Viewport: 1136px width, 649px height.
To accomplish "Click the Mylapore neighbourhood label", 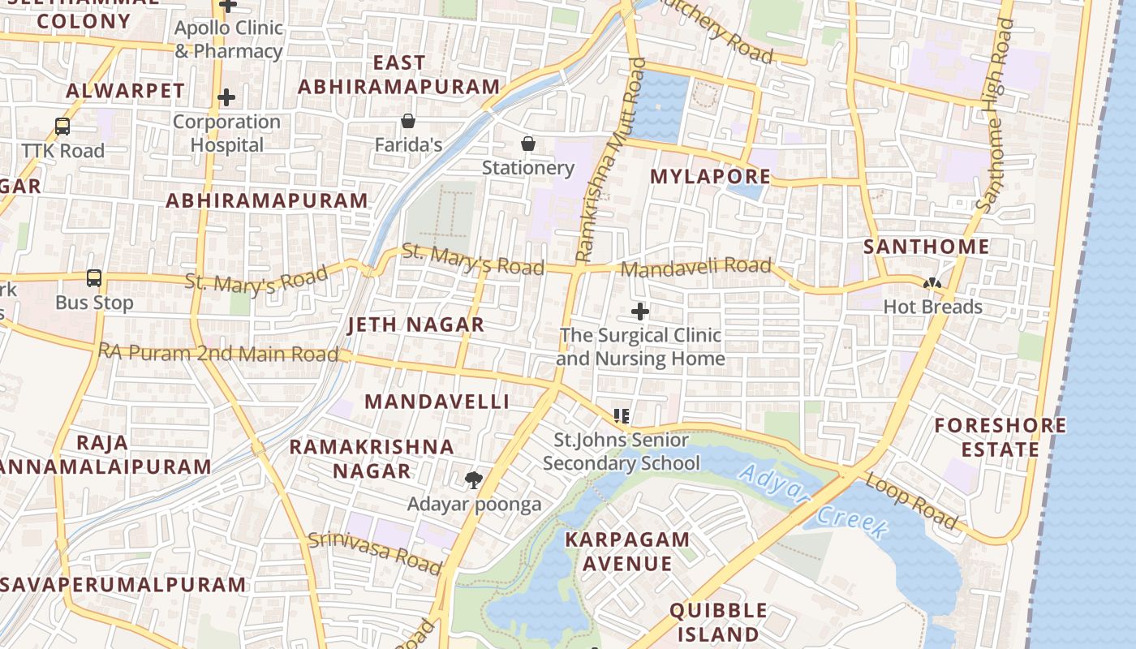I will click(x=710, y=176).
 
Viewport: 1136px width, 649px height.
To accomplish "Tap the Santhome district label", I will click(x=926, y=247).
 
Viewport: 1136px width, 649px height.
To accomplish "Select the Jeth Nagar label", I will click(x=415, y=324).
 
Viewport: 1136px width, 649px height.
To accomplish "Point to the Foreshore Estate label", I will click(x=1000, y=437).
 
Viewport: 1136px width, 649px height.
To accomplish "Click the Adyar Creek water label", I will click(x=814, y=500).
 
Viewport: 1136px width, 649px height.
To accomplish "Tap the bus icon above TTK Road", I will click(x=62, y=127).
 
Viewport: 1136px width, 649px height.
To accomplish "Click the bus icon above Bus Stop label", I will click(x=94, y=278).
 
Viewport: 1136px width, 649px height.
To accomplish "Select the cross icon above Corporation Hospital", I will click(x=226, y=97).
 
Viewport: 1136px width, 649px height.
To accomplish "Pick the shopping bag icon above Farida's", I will click(x=408, y=121).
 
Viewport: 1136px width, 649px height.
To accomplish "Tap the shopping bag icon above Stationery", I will click(x=528, y=144).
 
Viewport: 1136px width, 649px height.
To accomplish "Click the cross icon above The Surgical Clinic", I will click(x=640, y=311).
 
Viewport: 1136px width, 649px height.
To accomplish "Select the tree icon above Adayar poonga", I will click(x=474, y=480).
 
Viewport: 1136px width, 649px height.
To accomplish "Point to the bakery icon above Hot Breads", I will click(x=932, y=283).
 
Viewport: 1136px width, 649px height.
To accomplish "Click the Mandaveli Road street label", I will click(x=695, y=267).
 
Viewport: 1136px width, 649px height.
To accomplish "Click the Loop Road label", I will click(x=911, y=499).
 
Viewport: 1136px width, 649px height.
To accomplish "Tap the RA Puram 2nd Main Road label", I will click(x=217, y=353).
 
